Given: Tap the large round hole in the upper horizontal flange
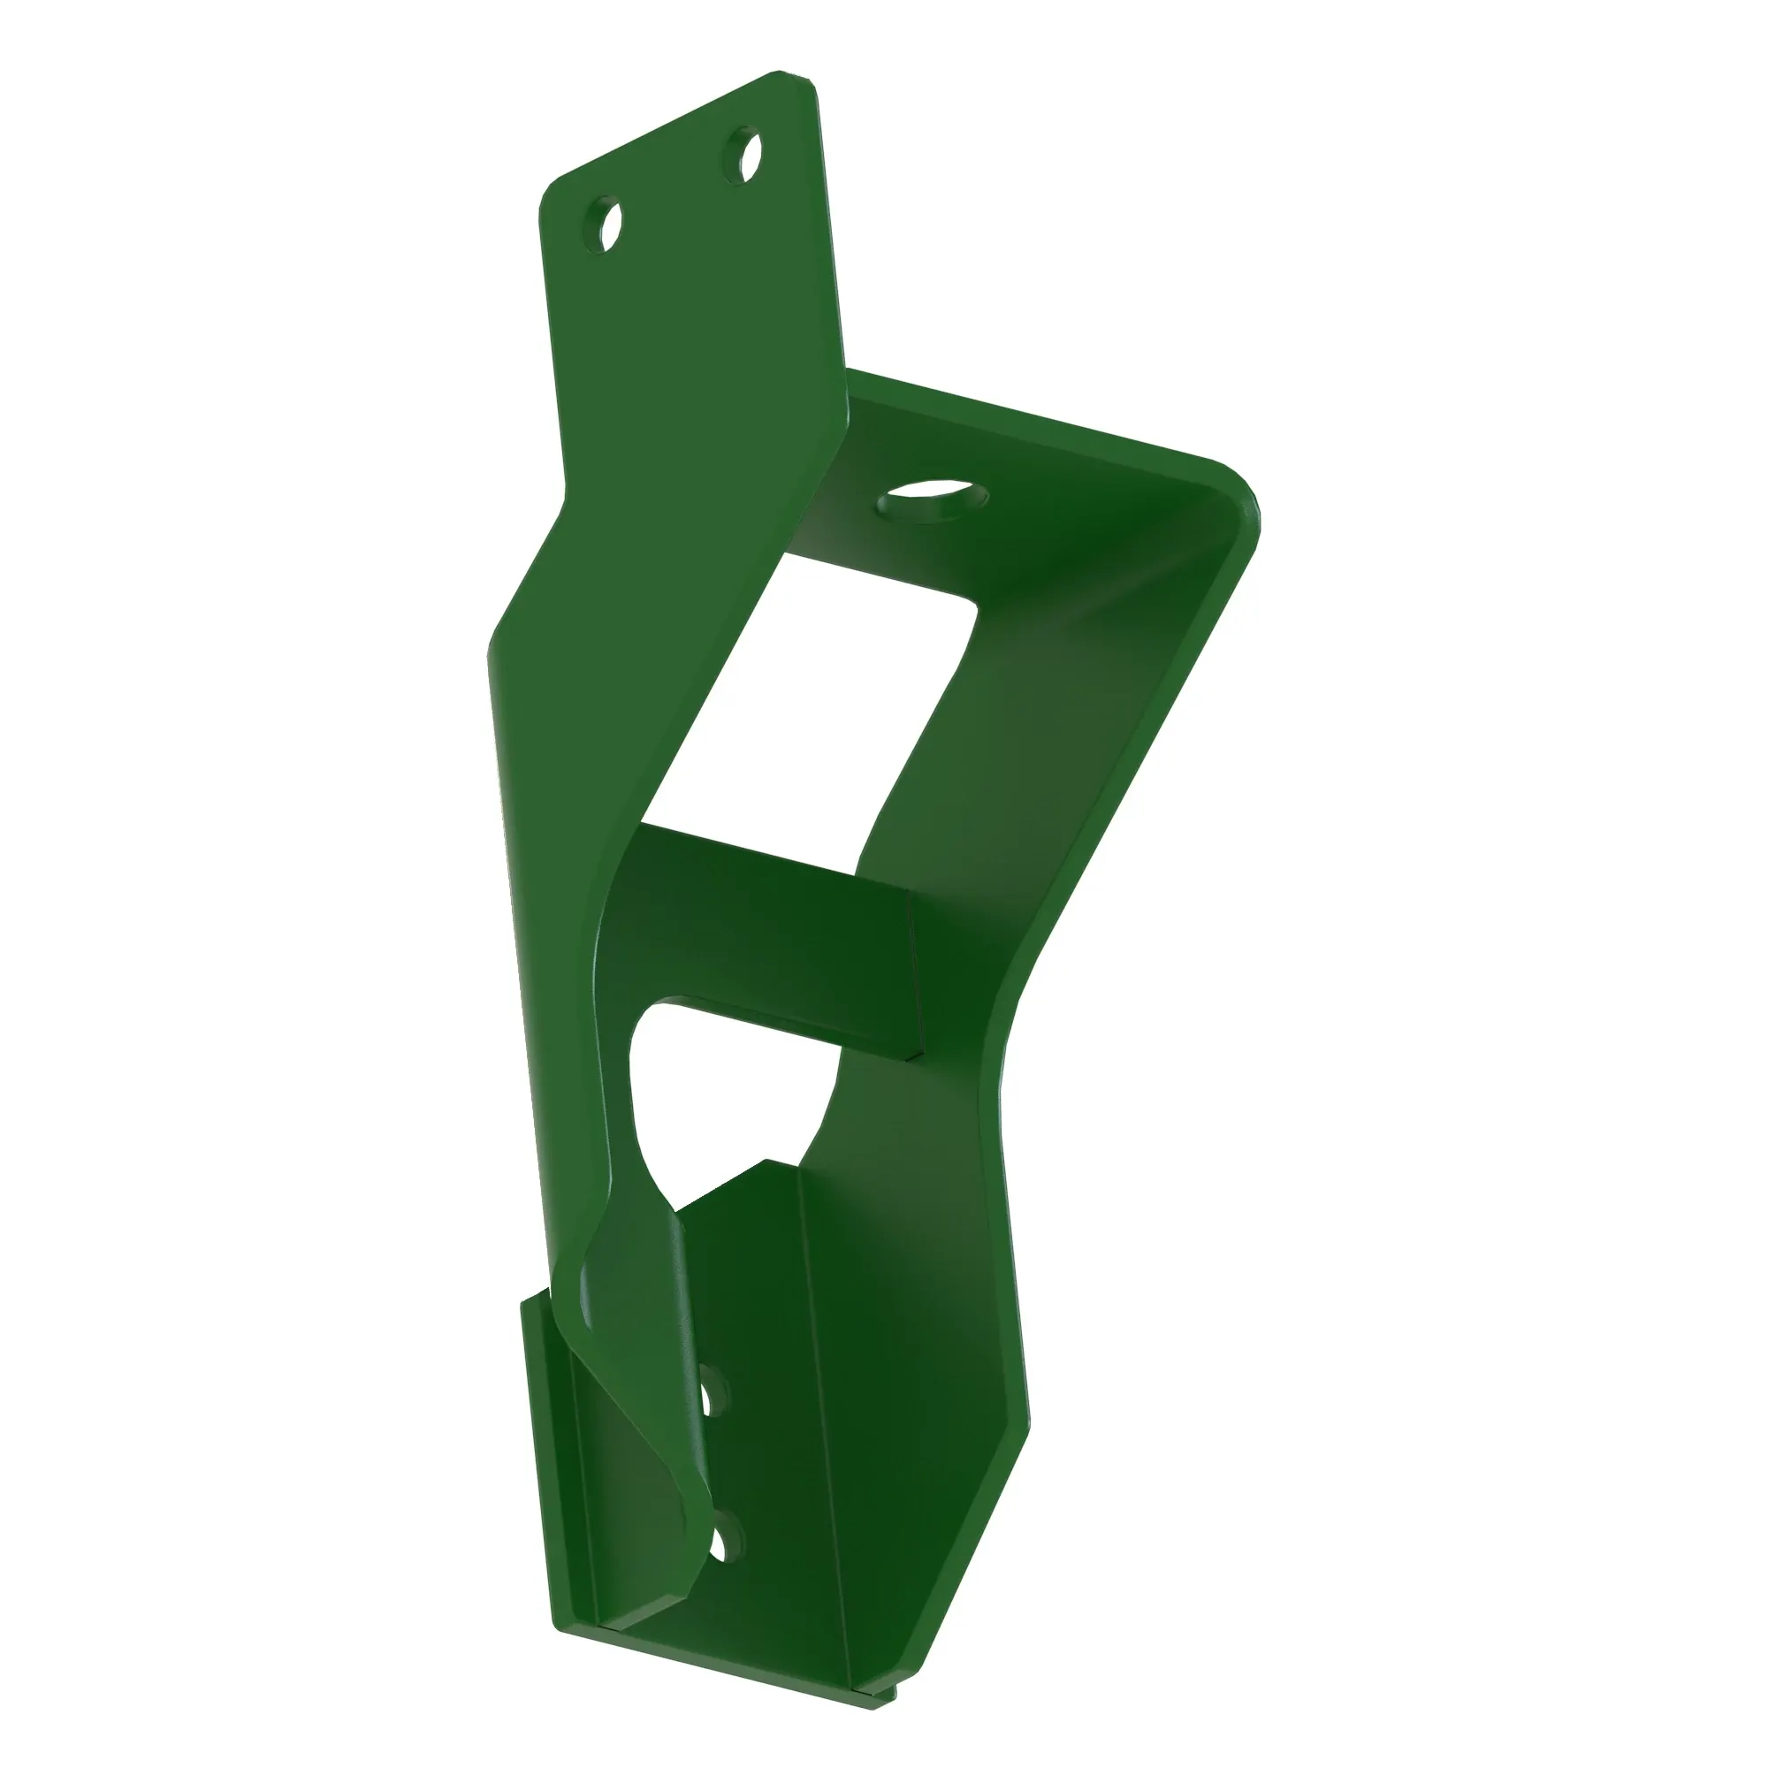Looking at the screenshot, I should (933, 500).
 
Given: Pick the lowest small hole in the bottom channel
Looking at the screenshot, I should (726, 1537).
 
